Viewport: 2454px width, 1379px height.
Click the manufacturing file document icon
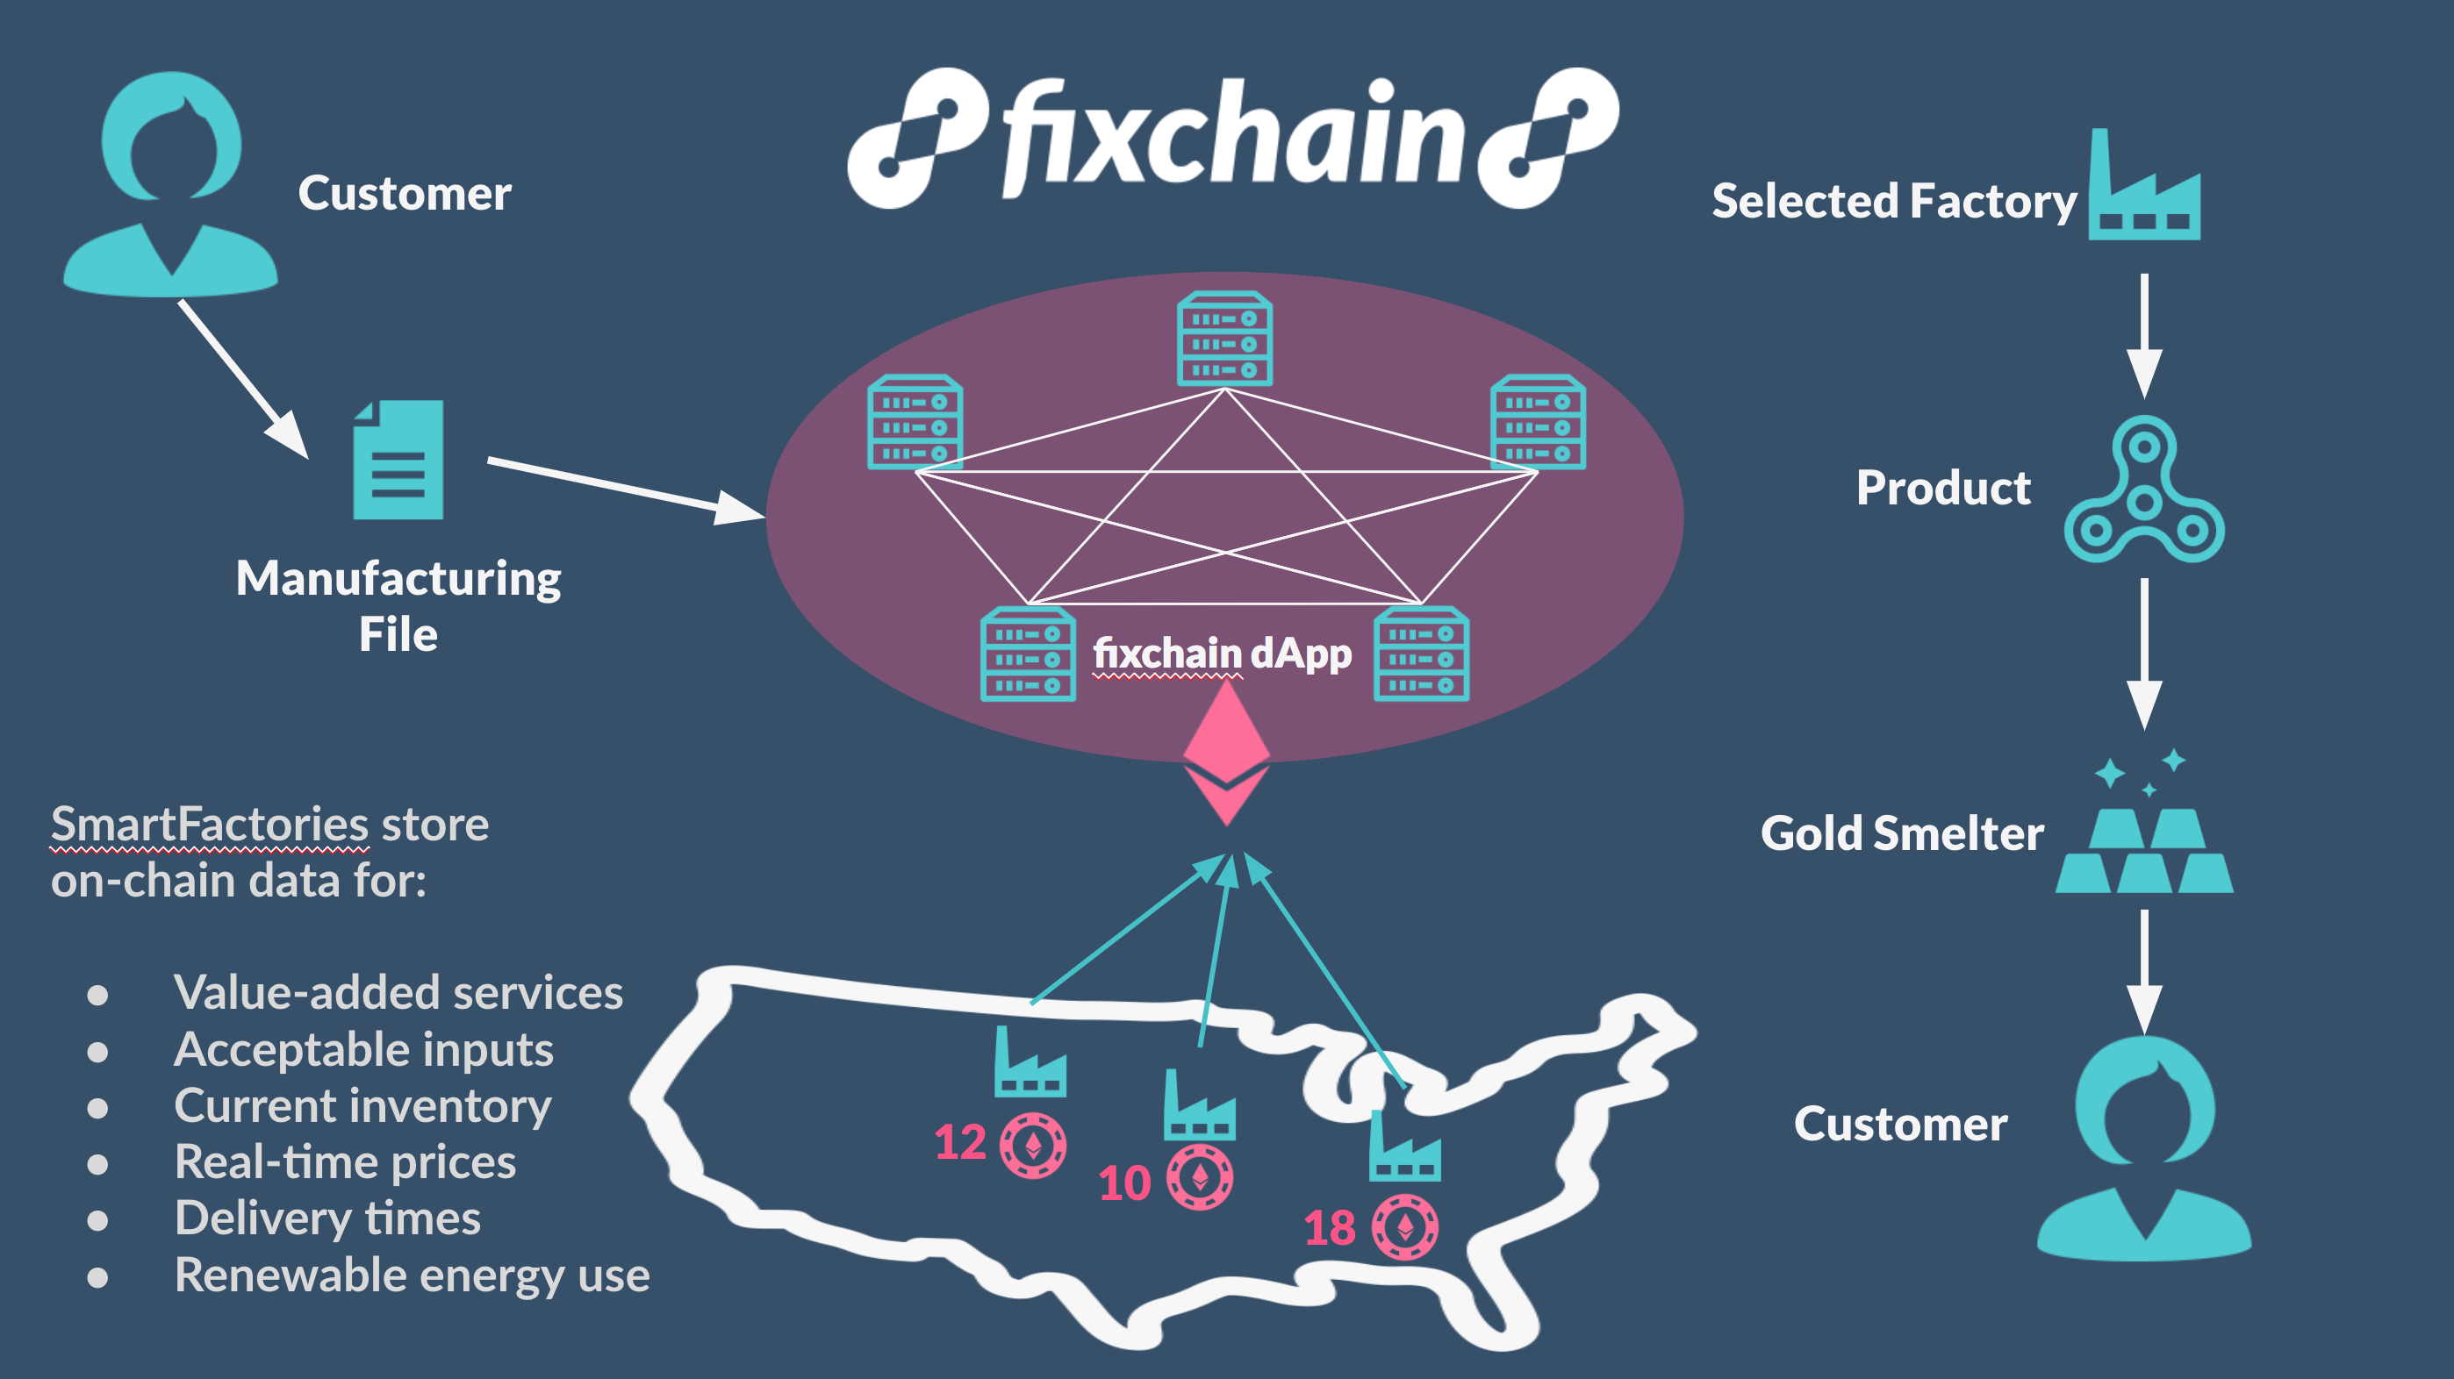click(x=398, y=460)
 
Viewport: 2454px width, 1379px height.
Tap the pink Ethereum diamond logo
click(x=1226, y=753)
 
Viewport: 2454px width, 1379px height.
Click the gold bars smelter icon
click(x=2143, y=849)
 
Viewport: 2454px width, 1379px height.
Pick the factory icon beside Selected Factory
click(x=2143, y=190)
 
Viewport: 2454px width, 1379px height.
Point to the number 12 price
click(x=959, y=1142)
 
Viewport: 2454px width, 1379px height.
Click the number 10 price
click(x=1124, y=1183)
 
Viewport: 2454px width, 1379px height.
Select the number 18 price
click(x=1329, y=1227)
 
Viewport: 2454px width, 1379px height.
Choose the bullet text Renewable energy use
click(x=412, y=1275)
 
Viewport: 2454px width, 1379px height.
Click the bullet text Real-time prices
click(x=345, y=1161)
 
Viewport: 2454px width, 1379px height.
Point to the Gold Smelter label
click(x=1901, y=833)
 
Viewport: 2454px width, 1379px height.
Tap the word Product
click(x=1943, y=488)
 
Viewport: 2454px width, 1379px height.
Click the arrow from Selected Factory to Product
click(x=2143, y=333)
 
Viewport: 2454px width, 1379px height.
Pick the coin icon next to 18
click(x=1405, y=1226)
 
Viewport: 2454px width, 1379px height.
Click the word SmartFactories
click(x=210, y=824)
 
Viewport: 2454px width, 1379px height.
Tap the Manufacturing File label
click(x=398, y=605)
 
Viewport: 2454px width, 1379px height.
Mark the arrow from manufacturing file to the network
click(x=624, y=489)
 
